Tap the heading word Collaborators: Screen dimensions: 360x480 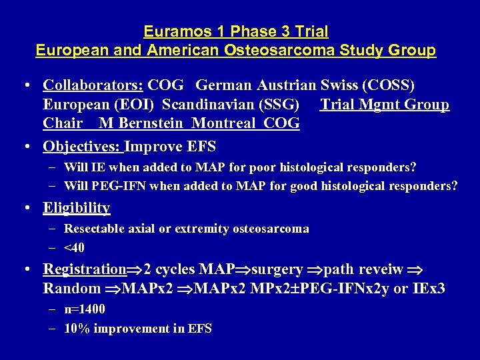[x=93, y=85]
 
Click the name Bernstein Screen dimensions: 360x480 [x=153, y=123]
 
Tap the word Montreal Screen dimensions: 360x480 [x=227, y=123]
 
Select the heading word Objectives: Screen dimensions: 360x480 [x=82, y=145]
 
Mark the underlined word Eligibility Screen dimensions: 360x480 [x=77, y=207]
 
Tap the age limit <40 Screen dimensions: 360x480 [x=74, y=248]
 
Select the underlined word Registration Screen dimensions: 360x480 [x=85, y=269]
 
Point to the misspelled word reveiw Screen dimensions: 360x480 [x=381, y=269]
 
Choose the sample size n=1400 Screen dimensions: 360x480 [x=85, y=309]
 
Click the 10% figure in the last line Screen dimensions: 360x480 [x=75, y=328]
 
